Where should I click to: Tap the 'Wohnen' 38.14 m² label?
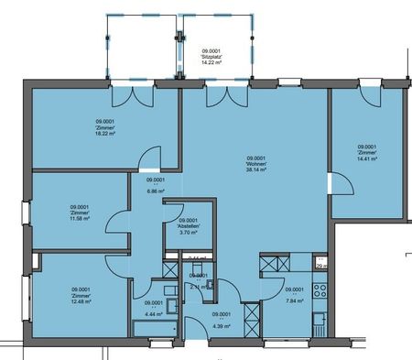click(255, 163)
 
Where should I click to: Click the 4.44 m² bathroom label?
click(153, 308)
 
